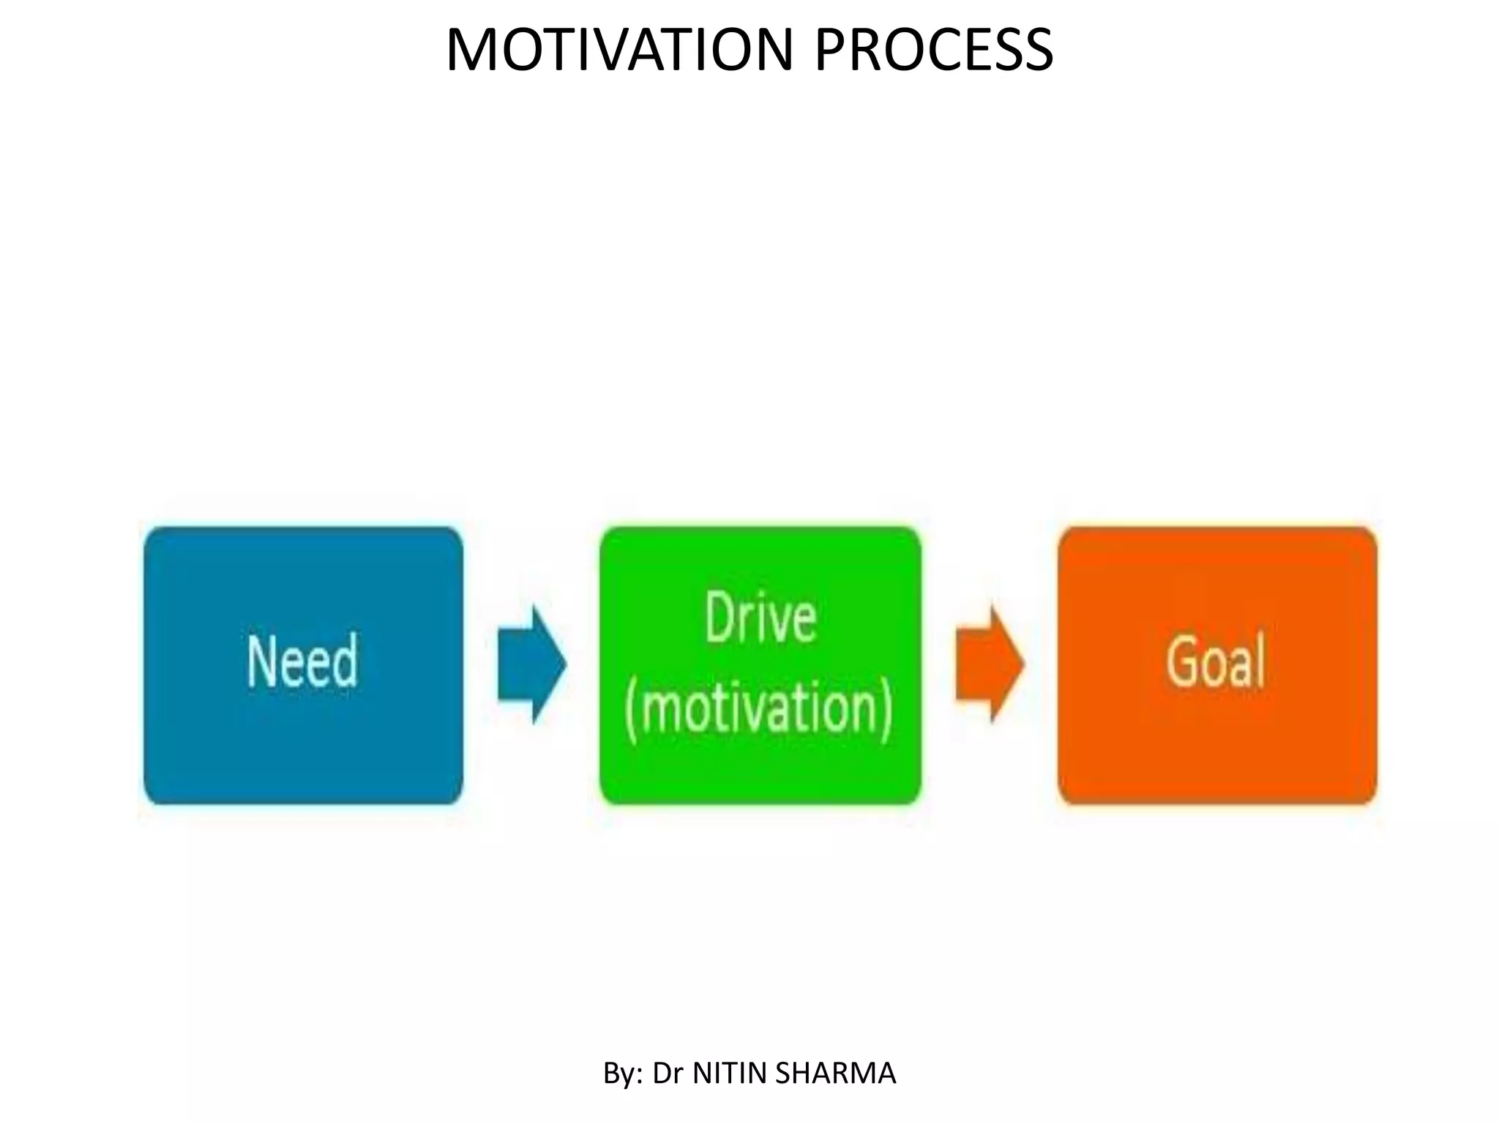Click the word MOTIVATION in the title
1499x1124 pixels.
[618, 50]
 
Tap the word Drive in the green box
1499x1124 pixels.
[760, 619]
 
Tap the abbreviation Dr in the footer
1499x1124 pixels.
[668, 1074]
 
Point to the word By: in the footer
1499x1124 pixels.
[623, 1074]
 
